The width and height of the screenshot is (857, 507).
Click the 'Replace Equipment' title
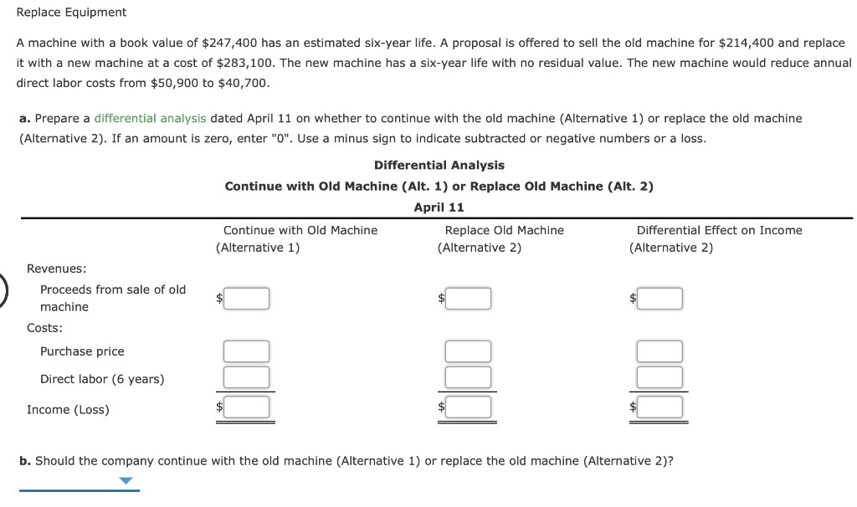(72, 13)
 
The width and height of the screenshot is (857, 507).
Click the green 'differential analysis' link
(150, 119)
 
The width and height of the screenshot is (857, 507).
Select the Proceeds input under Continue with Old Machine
(245, 298)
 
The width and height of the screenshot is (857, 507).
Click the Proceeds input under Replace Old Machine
(468, 298)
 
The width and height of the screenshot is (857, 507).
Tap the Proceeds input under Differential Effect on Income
(659, 298)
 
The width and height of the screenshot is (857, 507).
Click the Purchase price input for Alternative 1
(245, 351)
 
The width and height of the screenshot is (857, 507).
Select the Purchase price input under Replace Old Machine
(468, 351)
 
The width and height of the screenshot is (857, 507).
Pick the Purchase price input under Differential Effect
(659, 351)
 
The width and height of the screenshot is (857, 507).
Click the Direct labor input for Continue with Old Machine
(245, 377)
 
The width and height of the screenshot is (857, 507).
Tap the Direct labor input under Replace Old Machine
(468, 377)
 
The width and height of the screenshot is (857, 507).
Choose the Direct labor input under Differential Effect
(659, 377)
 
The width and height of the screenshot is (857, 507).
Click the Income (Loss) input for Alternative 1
(245, 407)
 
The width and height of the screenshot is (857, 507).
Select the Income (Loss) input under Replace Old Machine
(468, 407)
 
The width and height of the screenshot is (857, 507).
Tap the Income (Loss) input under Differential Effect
(659, 407)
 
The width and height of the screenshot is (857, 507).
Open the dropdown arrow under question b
(126, 481)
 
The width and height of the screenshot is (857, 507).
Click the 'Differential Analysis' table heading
(439, 166)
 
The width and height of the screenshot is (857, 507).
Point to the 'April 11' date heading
(439, 207)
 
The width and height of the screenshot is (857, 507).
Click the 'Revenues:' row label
(57, 269)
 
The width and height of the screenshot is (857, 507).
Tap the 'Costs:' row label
(44, 329)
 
